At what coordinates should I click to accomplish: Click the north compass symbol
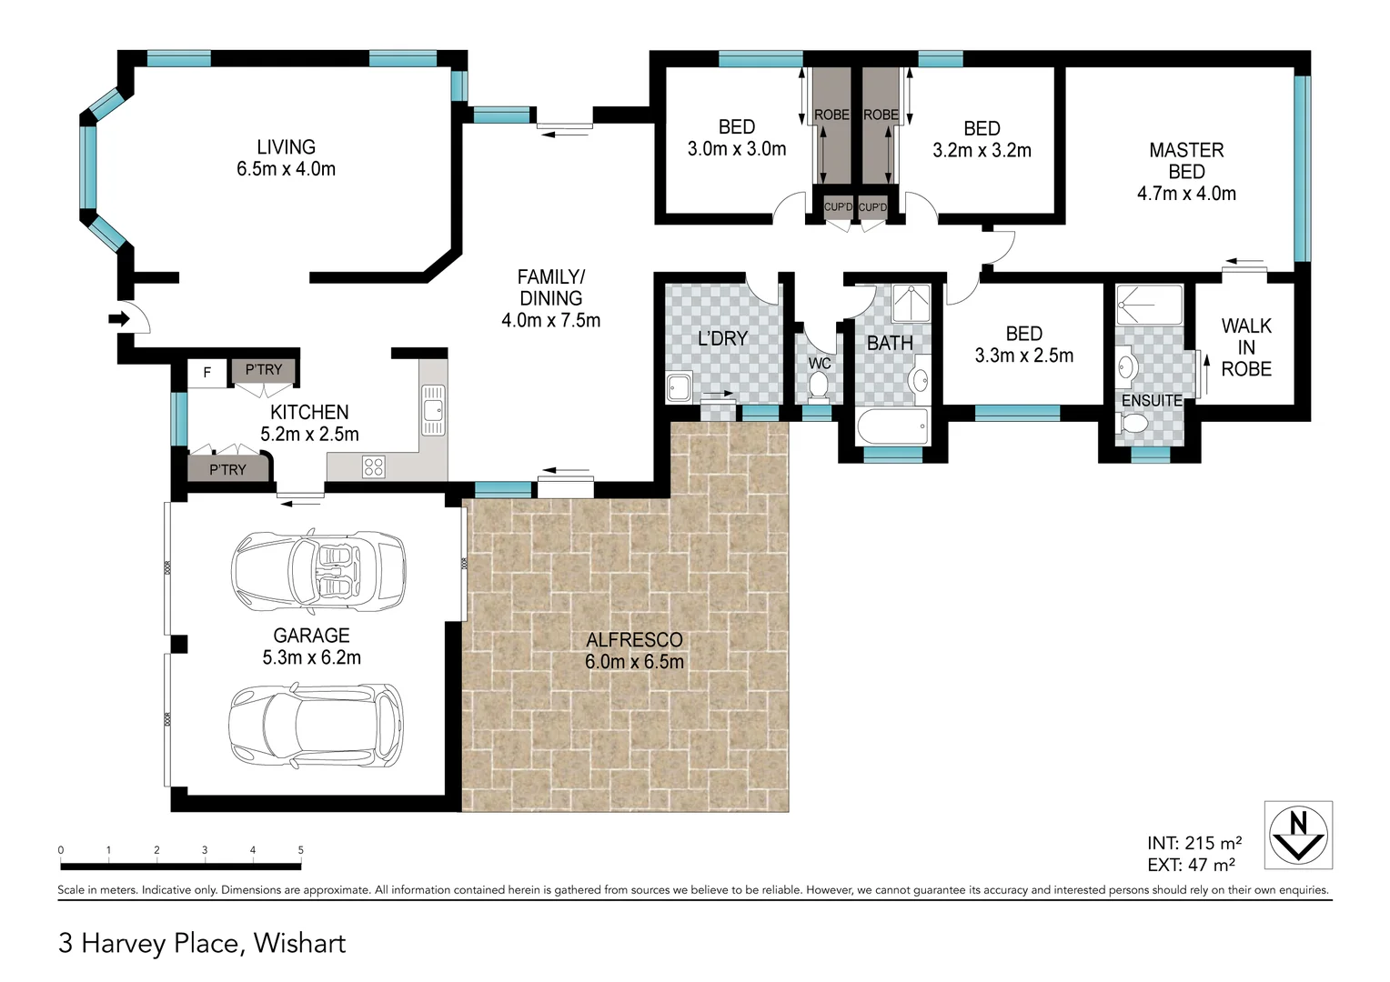tap(1298, 835)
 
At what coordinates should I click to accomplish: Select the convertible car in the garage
tap(318, 570)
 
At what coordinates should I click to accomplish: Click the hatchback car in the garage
tap(315, 724)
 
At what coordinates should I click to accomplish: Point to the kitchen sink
tap(433, 410)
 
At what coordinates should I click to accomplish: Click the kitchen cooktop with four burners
tap(374, 467)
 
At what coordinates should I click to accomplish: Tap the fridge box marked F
tap(207, 373)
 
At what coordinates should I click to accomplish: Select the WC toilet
tap(818, 387)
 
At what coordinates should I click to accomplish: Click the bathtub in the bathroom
tap(892, 426)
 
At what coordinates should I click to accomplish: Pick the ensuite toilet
tap(1134, 424)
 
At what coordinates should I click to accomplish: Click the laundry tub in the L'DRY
tap(679, 387)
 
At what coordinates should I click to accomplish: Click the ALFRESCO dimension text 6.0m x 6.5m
tap(634, 662)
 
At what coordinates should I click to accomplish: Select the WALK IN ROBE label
tap(1246, 347)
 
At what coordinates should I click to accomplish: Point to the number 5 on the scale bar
tap(301, 850)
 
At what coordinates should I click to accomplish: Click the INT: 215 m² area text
tap(1194, 843)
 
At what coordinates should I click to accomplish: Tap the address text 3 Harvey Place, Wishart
tap(202, 943)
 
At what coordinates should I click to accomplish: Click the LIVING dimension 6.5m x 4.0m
tap(286, 169)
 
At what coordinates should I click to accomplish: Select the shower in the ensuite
tap(1149, 305)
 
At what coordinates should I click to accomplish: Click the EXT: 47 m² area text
tap(1191, 866)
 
